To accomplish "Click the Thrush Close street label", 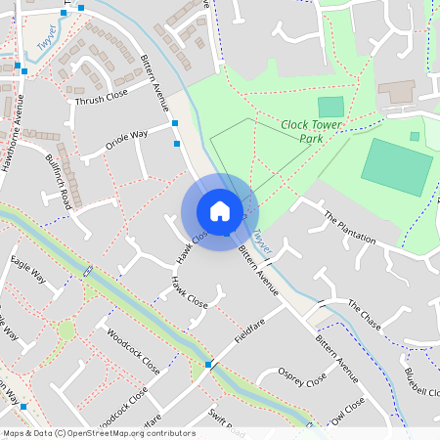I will tap(101, 97).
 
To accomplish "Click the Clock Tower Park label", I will tap(315, 131).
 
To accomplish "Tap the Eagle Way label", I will tap(27, 271).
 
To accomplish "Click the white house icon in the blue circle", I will tap(220, 210).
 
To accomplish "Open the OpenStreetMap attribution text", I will tap(98, 432).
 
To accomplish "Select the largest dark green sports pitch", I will tap(396, 166).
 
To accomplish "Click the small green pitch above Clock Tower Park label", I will tap(331, 107).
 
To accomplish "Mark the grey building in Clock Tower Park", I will tap(396, 91).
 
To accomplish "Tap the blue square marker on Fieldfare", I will tap(208, 365).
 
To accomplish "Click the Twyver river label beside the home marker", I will tap(260, 239).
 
